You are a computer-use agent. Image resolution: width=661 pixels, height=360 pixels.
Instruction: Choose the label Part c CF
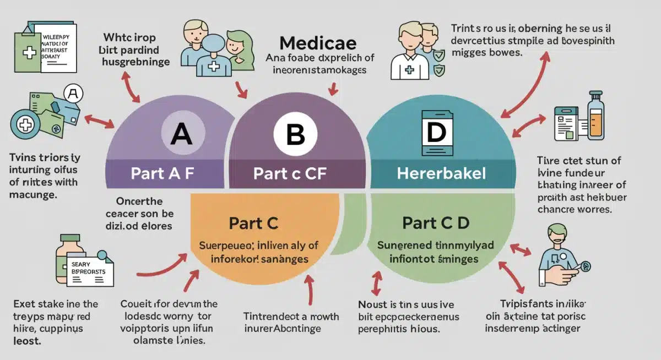pyautogui.click(x=290, y=174)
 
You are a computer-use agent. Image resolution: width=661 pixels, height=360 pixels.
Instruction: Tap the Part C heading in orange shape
pyautogui.click(x=254, y=223)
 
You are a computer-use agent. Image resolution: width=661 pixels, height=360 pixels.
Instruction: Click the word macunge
pyautogui.click(x=34, y=194)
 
